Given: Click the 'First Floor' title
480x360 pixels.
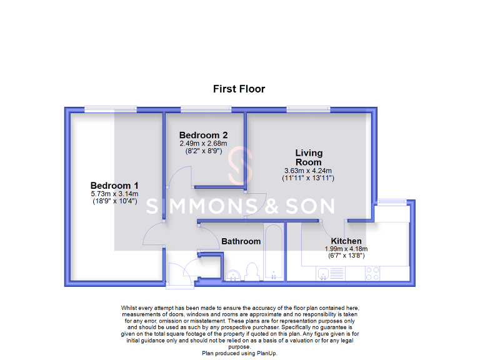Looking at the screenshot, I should click(x=239, y=89).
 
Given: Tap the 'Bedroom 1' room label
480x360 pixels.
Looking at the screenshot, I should click(x=114, y=186).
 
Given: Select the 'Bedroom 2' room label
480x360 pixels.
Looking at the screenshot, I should click(x=202, y=135).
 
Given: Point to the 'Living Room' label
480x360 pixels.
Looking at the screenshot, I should click(x=309, y=157).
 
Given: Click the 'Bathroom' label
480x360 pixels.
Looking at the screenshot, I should click(x=241, y=241).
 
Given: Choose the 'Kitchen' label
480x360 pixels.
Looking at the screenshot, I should click(x=346, y=241).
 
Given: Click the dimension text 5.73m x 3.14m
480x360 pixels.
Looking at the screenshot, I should click(x=114, y=194).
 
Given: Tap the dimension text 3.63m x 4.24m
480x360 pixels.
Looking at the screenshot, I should click(x=309, y=171).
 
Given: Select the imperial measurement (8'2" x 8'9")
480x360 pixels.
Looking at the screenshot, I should click(x=202, y=151).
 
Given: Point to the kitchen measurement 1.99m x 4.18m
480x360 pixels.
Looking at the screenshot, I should click(x=346, y=249).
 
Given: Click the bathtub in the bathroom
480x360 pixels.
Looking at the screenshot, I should click(x=274, y=253).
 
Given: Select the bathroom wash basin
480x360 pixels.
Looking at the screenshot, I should click(x=233, y=274).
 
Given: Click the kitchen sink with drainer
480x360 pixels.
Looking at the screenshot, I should click(x=329, y=273).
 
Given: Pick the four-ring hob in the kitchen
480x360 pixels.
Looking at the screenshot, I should click(x=372, y=273).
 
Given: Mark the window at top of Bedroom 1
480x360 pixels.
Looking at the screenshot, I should click(x=111, y=109).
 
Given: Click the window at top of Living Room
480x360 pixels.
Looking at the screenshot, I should click(x=307, y=109).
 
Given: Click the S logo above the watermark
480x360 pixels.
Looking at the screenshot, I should click(x=241, y=167).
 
